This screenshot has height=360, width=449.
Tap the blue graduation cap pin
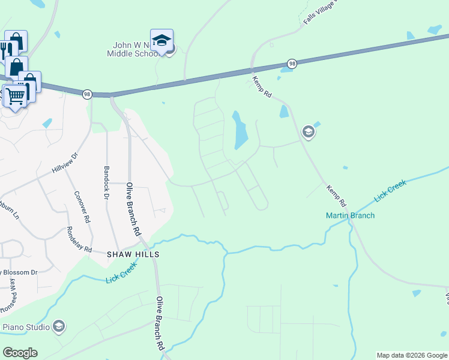tap(161, 40)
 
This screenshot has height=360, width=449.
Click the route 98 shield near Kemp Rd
tap(292, 64)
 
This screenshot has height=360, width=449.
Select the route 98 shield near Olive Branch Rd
tap(87, 94)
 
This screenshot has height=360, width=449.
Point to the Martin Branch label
tap(350, 215)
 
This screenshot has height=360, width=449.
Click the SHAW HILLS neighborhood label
tap(133, 254)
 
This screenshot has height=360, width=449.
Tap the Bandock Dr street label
tap(107, 183)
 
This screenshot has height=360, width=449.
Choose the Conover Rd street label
tap(82, 207)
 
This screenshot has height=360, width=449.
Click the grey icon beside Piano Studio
tap(59, 326)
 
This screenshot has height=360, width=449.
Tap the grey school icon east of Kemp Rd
tap(309, 132)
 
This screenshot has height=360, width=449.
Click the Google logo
tap(20, 353)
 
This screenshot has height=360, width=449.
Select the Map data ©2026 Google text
tap(411, 355)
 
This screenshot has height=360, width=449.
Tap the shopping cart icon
tap(15, 95)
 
